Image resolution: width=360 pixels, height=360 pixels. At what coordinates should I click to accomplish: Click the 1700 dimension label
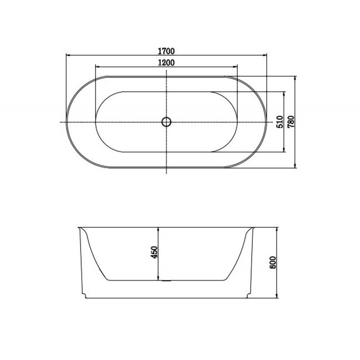click(x=166, y=51)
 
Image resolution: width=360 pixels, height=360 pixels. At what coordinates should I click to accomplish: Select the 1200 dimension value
click(x=166, y=62)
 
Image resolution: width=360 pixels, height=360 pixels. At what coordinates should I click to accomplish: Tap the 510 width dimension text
click(x=280, y=121)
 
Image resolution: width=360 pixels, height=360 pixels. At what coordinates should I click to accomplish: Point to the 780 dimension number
click(x=291, y=121)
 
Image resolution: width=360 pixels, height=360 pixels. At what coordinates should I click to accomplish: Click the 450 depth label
click(x=154, y=252)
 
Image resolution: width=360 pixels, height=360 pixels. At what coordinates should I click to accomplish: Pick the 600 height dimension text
click(x=273, y=262)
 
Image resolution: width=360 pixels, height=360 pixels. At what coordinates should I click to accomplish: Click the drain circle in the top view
click(x=166, y=122)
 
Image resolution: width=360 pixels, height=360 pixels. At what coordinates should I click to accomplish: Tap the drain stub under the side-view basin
click(x=166, y=281)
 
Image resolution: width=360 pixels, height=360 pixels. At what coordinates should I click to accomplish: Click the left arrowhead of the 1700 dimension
click(x=68, y=55)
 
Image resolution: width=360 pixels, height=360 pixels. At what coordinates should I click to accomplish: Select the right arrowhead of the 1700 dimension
click(x=264, y=55)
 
